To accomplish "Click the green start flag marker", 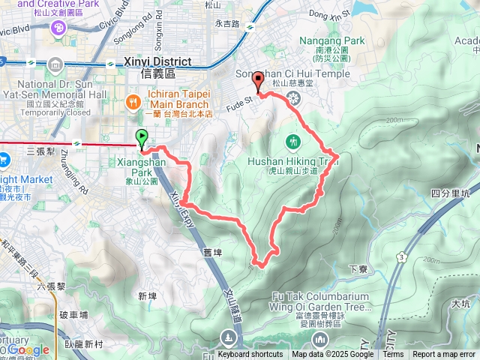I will [x=142, y=137].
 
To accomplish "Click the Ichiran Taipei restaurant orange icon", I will [x=133, y=100].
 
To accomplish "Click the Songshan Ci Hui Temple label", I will [x=292, y=73].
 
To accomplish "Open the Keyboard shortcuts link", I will [x=250, y=355].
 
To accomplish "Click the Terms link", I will [x=393, y=355].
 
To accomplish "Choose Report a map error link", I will [x=444, y=355].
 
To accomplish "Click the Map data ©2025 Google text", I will [x=332, y=355].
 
